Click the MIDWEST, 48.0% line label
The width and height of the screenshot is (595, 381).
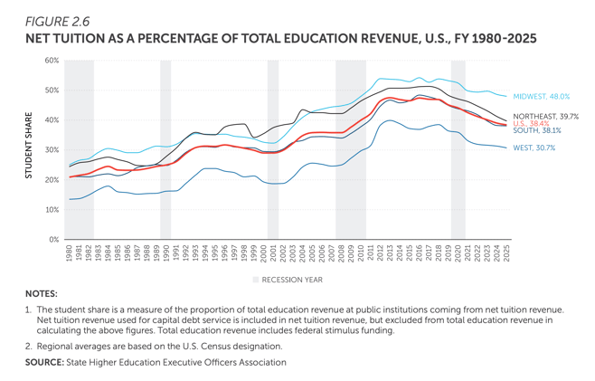click(540, 96)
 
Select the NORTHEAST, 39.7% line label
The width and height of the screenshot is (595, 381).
click(546, 117)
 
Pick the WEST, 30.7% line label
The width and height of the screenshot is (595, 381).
click(533, 148)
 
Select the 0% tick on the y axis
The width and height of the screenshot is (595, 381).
click(54, 239)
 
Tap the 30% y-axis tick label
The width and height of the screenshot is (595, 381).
click(52, 150)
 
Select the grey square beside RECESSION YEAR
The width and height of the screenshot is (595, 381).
click(256, 280)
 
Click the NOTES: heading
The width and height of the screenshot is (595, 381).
click(41, 294)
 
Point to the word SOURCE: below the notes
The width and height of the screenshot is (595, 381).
click(45, 363)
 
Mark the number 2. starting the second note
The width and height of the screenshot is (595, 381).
click(29, 345)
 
